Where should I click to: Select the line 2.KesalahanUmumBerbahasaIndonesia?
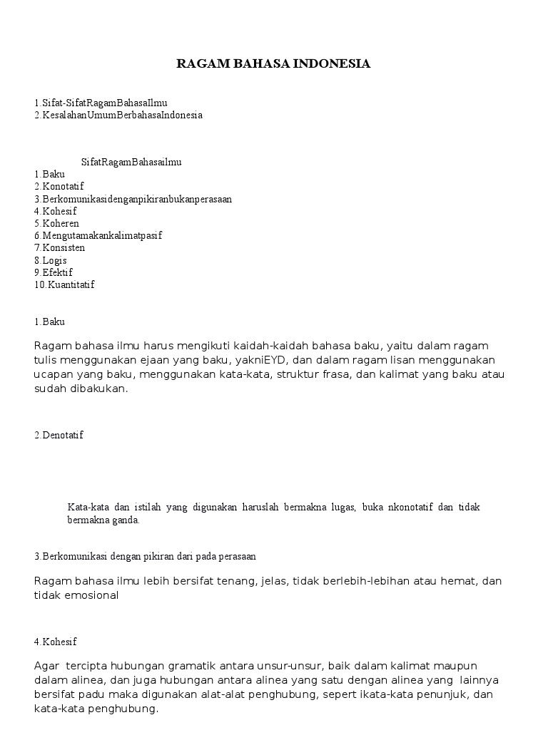pos(118,115)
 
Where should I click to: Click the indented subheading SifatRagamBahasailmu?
pos(131,162)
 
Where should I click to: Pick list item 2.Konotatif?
pos(59,186)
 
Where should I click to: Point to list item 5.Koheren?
pos(56,223)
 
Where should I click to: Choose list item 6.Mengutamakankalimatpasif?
pos(98,235)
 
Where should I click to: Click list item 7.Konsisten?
pos(59,247)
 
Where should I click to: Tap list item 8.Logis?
pos(50,260)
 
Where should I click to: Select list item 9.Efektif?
pos(53,272)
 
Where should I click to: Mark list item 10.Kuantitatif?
pos(64,284)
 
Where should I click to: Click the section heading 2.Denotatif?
pos(59,435)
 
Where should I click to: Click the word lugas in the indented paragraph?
pos(342,508)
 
